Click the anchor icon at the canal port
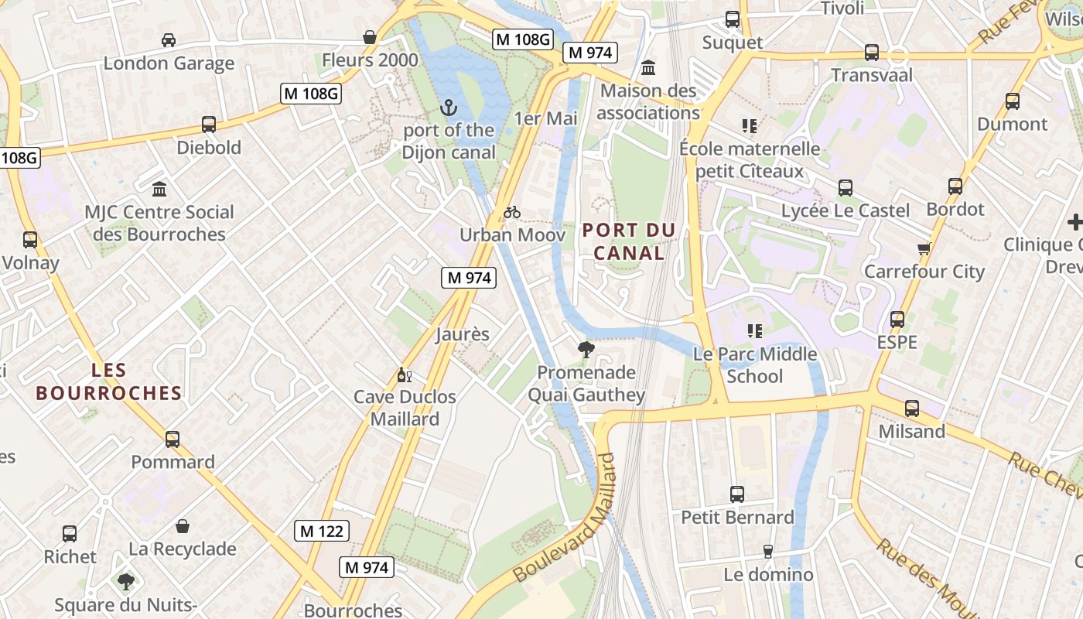click(x=449, y=108)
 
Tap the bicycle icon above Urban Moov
click(x=512, y=212)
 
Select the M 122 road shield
click(x=323, y=531)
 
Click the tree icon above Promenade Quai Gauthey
click(x=586, y=350)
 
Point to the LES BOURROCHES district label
click(x=108, y=381)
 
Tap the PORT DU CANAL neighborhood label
click(x=629, y=241)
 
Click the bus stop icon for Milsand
click(x=912, y=409)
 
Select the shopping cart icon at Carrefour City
click(x=924, y=249)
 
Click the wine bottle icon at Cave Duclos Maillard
click(x=404, y=375)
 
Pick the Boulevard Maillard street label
click(x=568, y=518)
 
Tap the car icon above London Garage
click(x=169, y=40)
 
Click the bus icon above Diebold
click(x=209, y=125)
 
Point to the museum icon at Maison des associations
click(x=648, y=68)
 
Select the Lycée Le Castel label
click(x=845, y=210)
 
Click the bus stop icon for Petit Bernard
click(x=737, y=494)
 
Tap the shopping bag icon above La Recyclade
click(x=183, y=527)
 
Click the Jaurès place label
click(x=463, y=334)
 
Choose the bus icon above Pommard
click(x=173, y=439)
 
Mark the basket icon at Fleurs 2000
click(x=370, y=37)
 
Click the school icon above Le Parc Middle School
click(x=755, y=331)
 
